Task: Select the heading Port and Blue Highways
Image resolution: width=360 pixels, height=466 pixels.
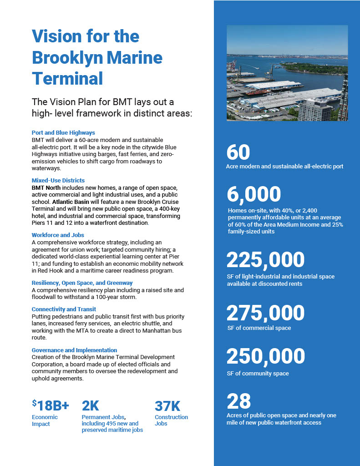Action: coord(63,132)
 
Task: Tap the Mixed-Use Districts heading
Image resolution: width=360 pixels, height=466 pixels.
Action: coord(58,181)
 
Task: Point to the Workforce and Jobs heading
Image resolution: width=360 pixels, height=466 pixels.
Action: coord(58,235)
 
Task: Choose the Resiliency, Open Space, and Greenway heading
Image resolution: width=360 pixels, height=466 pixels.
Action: coord(82,283)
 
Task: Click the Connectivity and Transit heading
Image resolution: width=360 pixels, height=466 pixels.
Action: coord(64,309)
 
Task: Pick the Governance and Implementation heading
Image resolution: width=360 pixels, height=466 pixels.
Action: coord(74,350)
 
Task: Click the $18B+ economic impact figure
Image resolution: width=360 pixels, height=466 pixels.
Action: coord(51,405)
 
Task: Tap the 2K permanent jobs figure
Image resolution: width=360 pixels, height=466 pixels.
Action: coord(90,405)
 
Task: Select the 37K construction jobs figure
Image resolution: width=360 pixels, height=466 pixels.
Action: coord(168,405)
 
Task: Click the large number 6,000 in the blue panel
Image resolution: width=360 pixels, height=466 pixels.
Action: coord(254,194)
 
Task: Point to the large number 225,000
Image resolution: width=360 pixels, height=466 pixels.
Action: coord(265,260)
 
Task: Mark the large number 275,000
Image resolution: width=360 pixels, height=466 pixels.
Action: coord(265,313)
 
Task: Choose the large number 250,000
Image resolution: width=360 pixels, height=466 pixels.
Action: coord(265,356)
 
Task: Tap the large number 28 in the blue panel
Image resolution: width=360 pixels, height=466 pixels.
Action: coord(239,401)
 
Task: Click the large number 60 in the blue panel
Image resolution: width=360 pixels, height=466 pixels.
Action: coord(238,152)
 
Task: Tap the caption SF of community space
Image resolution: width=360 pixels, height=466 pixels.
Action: coord(258,374)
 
